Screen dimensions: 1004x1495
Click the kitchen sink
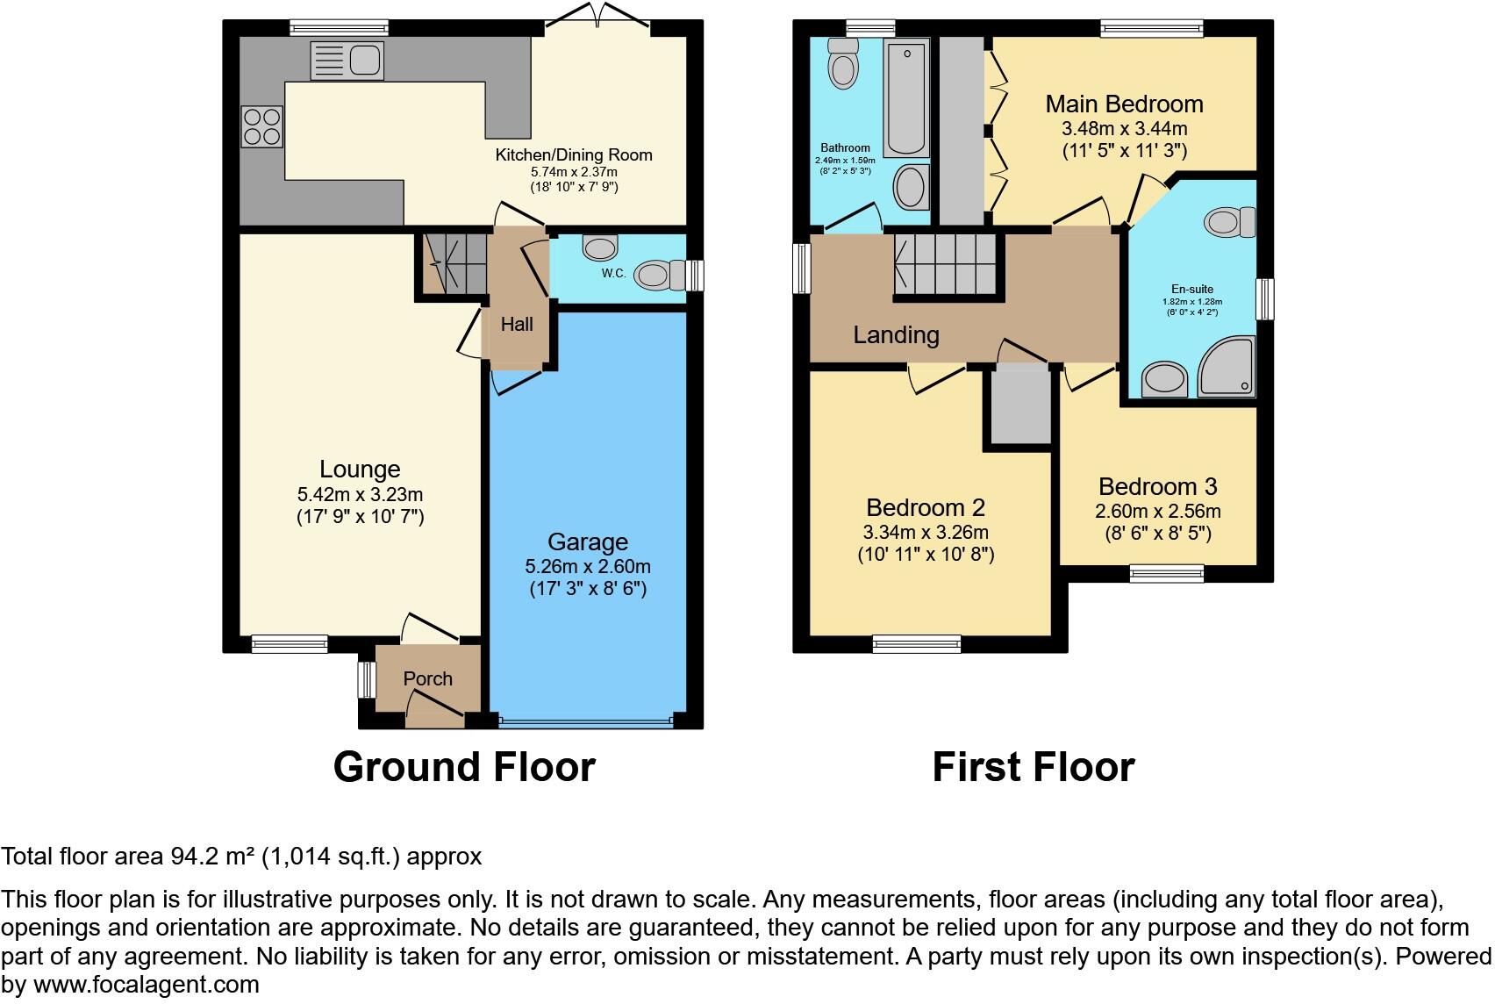[347, 61]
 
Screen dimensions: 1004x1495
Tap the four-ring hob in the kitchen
[262, 126]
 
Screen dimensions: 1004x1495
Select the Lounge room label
[360, 470]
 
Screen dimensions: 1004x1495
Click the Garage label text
[588, 542]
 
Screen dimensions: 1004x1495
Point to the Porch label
[428, 678]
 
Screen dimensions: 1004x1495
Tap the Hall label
[517, 325]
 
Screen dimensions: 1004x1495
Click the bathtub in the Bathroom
[906, 98]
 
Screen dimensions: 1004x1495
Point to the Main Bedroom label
[1124, 104]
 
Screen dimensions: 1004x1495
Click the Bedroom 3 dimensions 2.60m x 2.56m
[1157, 512]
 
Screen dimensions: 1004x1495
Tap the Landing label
[896, 335]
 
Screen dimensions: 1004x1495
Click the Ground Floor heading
[464, 767]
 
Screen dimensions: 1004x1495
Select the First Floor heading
[1033, 767]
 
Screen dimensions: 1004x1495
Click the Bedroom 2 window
[917, 645]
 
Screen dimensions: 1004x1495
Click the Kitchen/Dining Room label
[574, 155]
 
